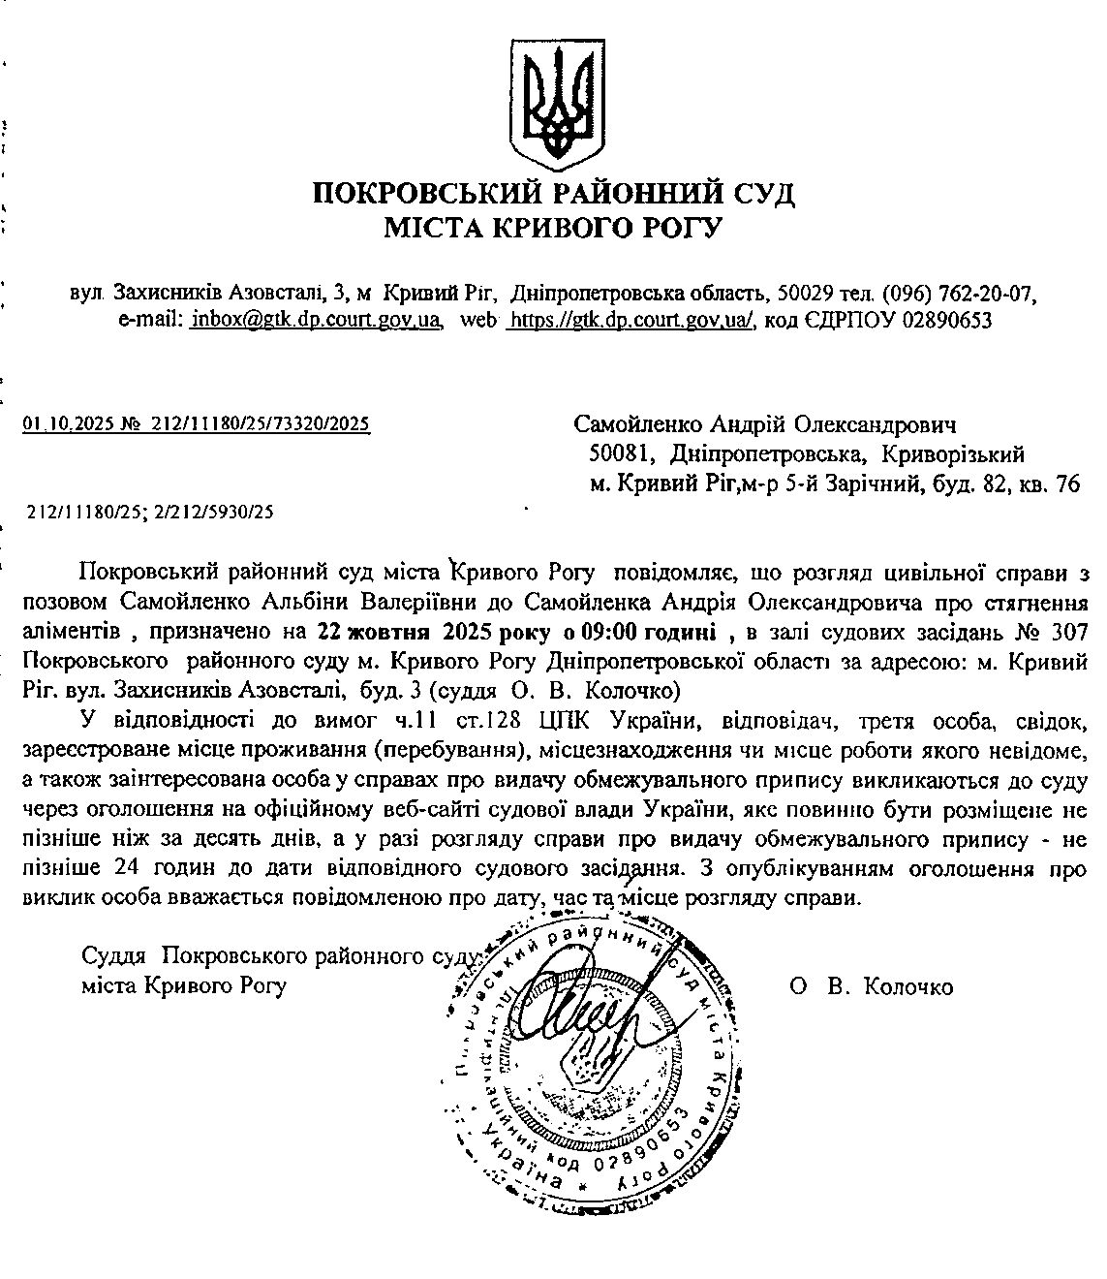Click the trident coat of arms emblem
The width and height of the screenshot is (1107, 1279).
click(x=554, y=106)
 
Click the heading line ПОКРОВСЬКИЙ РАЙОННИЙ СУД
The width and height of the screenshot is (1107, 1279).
click(x=553, y=194)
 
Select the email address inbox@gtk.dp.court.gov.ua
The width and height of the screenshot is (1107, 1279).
click(x=317, y=319)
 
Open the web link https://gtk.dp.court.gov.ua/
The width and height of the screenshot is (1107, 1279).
click(x=631, y=319)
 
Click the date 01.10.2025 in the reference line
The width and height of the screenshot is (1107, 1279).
click(x=64, y=423)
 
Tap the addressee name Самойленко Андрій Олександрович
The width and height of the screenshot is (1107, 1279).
click(x=765, y=424)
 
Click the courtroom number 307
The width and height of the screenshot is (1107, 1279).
click(x=1072, y=634)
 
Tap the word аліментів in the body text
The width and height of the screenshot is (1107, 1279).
click(x=70, y=634)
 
